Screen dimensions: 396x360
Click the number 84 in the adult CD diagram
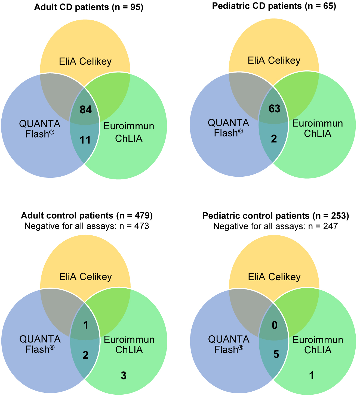(x=85, y=110)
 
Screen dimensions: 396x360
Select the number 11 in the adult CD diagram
(x=85, y=140)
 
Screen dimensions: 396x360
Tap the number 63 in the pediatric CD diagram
(x=274, y=109)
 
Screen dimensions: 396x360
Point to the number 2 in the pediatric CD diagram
(x=274, y=139)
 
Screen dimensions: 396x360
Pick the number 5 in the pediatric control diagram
(x=276, y=354)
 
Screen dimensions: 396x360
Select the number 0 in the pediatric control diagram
(x=275, y=325)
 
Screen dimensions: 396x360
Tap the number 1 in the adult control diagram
(x=86, y=325)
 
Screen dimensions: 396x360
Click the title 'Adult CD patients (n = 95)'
(x=89, y=7)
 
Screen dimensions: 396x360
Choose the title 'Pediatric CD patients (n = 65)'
(x=274, y=6)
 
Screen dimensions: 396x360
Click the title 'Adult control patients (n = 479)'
(x=87, y=216)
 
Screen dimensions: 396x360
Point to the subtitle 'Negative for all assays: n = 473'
(x=87, y=226)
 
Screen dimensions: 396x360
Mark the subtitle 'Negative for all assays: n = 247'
(x=275, y=226)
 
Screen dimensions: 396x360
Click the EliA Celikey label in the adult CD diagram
(x=85, y=61)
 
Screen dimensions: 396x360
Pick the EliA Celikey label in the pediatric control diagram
(x=274, y=277)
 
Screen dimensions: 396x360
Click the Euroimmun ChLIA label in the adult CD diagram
(x=129, y=132)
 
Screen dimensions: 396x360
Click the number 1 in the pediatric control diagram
(x=312, y=375)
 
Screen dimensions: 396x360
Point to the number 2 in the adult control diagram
(x=85, y=355)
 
